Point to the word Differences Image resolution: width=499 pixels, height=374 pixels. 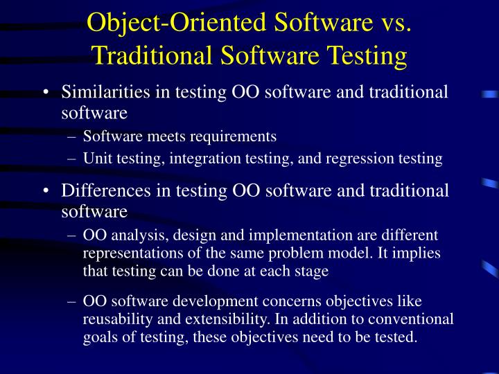(103, 190)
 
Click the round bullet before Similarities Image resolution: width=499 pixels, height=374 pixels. (46, 93)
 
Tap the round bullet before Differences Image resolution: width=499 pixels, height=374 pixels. (46, 192)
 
